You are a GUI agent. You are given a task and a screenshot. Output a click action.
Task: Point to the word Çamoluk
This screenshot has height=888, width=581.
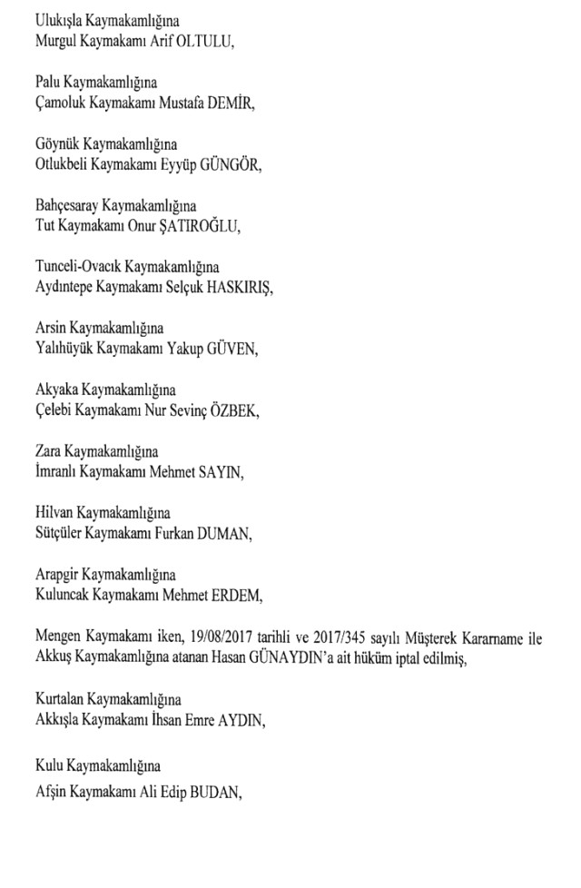click(60, 104)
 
